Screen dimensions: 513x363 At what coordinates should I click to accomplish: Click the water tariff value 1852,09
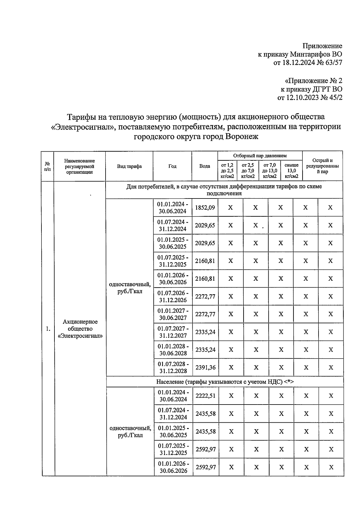[205, 208]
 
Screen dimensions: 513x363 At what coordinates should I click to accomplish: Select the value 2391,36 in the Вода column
[205, 367]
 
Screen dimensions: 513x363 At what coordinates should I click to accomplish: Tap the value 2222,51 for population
[205, 395]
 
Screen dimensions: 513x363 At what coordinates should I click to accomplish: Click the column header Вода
[204, 166]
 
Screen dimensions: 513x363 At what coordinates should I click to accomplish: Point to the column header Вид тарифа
[129, 166]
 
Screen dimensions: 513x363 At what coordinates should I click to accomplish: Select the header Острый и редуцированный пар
[322, 166]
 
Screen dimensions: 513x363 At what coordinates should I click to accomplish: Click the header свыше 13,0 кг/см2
[291, 170]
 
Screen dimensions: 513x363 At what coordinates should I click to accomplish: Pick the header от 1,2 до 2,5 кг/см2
[227, 170]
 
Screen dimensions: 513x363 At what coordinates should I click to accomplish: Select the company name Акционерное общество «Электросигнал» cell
[80, 329]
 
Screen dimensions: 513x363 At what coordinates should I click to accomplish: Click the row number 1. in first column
[48, 329]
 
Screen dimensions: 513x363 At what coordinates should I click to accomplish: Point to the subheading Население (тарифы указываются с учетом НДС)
[225, 382]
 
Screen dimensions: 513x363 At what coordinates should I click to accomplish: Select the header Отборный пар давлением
[260, 156]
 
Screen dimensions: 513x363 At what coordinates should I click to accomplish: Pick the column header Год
[172, 166]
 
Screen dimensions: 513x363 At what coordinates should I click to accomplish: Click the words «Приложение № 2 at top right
[313, 81]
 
